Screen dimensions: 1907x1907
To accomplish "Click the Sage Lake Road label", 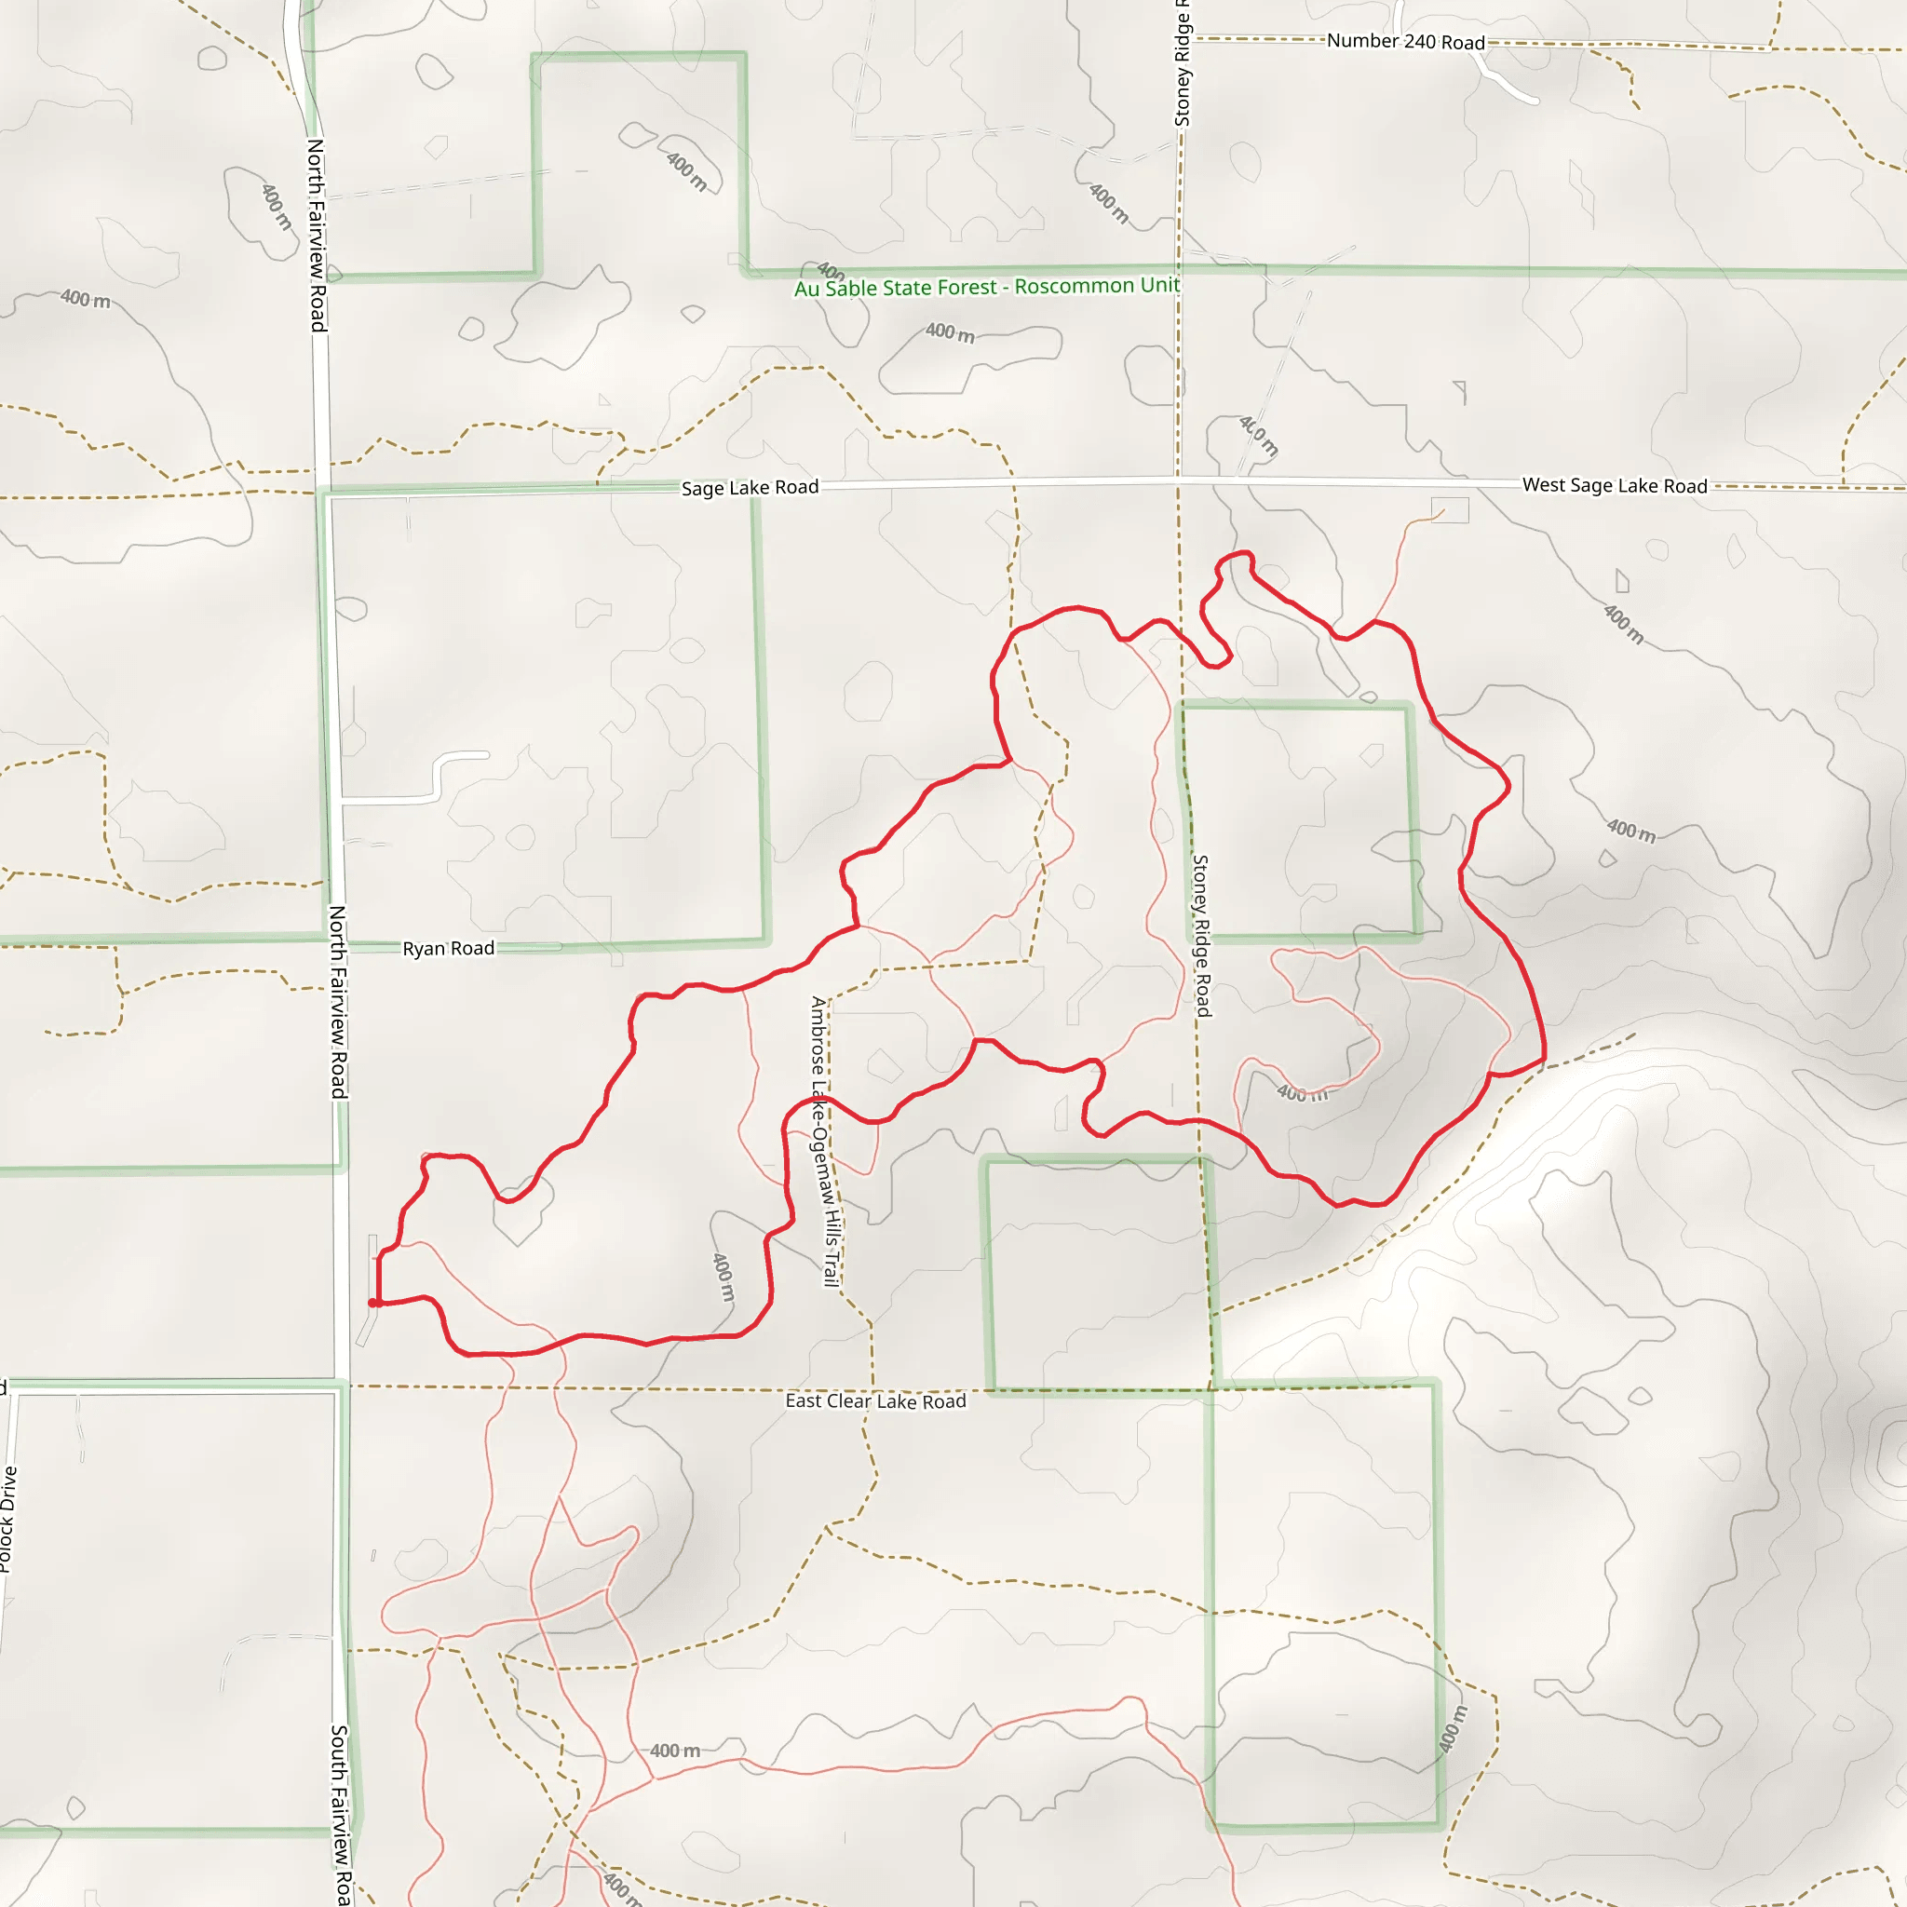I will pyautogui.click(x=750, y=488).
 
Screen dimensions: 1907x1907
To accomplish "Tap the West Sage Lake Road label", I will pyautogui.click(x=1614, y=486).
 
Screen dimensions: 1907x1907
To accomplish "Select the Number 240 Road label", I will pyautogui.click(x=1404, y=42).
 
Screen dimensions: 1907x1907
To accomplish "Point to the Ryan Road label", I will pyautogui.click(x=448, y=949).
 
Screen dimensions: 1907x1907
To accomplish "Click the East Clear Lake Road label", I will pyautogui.click(x=875, y=1401).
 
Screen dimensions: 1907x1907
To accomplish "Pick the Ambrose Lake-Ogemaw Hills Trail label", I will pyautogui.click(x=823, y=1141).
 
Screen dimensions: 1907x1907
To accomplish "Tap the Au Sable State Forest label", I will pyautogui.click(x=987, y=287).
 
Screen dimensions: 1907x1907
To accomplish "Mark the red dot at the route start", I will pyautogui.click(x=374, y=1303).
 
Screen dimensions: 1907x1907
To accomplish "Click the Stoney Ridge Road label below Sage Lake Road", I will pyautogui.click(x=1201, y=936).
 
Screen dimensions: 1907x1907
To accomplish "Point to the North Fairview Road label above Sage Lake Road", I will pyautogui.click(x=316, y=235).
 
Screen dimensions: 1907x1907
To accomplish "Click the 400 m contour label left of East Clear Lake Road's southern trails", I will pyautogui.click(x=675, y=1751).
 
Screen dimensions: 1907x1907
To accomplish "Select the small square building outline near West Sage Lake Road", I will pyautogui.click(x=1449, y=509).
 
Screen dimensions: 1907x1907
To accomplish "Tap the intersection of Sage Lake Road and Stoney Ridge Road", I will pyautogui.click(x=1178, y=480).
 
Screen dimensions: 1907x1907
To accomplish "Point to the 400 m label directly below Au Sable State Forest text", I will pyautogui.click(x=950, y=333).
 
